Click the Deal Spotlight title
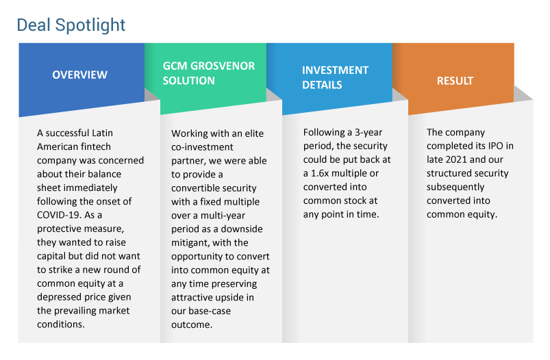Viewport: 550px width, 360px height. [x=71, y=25]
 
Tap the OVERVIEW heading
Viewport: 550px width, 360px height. [x=80, y=75]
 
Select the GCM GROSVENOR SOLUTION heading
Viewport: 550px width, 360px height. [x=209, y=73]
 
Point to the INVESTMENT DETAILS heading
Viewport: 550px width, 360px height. [x=336, y=77]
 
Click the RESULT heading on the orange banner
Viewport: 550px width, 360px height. [x=455, y=81]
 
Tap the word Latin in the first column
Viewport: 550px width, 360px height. [x=102, y=133]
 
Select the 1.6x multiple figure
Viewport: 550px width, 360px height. [x=340, y=173]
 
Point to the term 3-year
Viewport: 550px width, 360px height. [x=368, y=133]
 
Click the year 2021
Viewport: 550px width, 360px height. [x=456, y=159]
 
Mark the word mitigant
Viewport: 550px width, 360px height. [x=188, y=243]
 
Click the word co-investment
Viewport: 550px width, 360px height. [x=202, y=147]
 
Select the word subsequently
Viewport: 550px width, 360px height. [x=455, y=187]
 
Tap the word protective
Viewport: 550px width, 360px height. [x=58, y=229]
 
